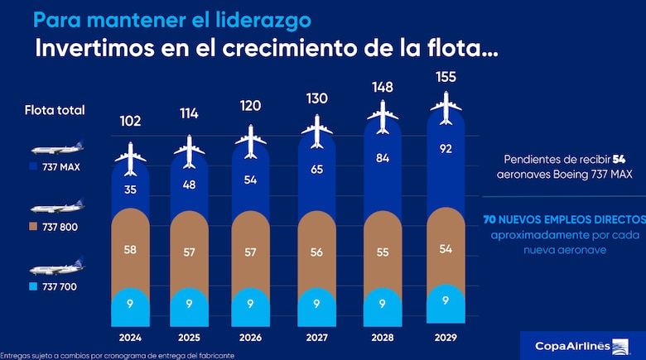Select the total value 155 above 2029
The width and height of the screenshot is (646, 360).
pyautogui.click(x=447, y=78)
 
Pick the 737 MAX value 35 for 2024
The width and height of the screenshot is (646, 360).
pyautogui.click(x=130, y=189)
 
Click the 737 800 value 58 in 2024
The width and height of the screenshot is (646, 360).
pyautogui.click(x=130, y=249)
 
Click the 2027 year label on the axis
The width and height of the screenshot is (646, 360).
pyautogui.click(x=316, y=338)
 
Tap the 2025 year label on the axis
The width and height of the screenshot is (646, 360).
pyautogui.click(x=189, y=338)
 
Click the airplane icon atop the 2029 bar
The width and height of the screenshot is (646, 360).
pyautogui.click(x=447, y=107)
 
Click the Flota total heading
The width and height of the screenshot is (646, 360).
pyautogui.click(x=55, y=109)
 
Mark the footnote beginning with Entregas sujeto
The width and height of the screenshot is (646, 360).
pyautogui.click(x=118, y=354)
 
